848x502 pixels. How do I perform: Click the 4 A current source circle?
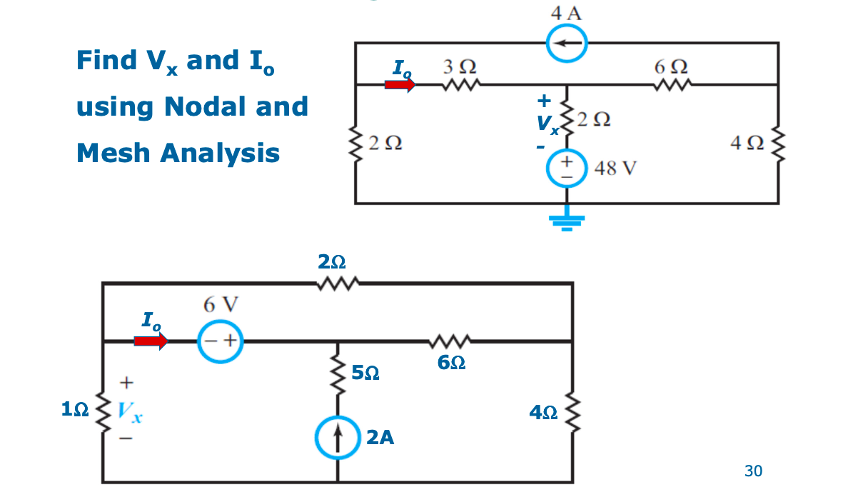click(567, 44)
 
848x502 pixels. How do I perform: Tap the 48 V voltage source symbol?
click(567, 169)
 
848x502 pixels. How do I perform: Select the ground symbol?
click(567, 220)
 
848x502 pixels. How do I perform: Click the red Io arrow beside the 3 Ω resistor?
click(400, 85)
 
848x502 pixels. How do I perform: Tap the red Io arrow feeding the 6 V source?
click(151, 341)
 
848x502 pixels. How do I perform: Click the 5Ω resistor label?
click(365, 373)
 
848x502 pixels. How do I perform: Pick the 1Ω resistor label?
click(75, 409)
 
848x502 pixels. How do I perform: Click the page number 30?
click(753, 471)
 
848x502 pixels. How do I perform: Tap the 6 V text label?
click(221, 305)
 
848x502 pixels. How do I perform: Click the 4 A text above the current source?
click(566, 13)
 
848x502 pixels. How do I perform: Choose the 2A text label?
click(380, 437)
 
